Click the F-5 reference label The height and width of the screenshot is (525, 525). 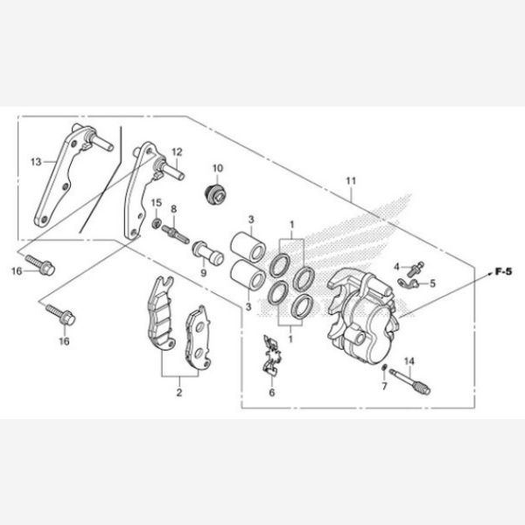503,271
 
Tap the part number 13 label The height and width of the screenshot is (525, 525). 36,162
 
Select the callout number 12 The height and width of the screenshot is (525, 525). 177,152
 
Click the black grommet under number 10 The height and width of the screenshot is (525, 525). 216,193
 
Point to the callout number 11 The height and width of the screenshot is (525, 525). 351,181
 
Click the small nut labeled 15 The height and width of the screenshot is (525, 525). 157,222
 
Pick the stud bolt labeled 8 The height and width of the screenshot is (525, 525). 176,233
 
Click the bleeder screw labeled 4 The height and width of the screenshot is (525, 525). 416,269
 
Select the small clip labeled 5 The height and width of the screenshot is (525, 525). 409,283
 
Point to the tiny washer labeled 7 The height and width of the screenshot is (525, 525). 385,367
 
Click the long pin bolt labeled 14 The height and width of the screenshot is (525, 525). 409,381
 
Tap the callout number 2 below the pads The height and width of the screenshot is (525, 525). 179,392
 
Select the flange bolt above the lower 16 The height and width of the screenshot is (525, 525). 60,313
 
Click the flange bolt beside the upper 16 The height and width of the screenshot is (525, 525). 40,264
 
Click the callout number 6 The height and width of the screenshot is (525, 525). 272,392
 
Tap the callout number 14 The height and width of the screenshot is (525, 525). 409,361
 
